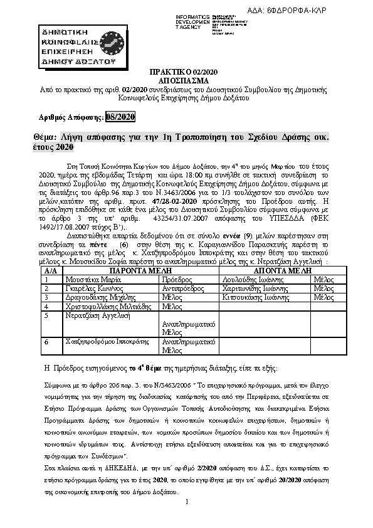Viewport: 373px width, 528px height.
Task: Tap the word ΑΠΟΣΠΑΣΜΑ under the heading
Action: tap(186, 82)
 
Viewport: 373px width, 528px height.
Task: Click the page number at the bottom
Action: tap(187, 519)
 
